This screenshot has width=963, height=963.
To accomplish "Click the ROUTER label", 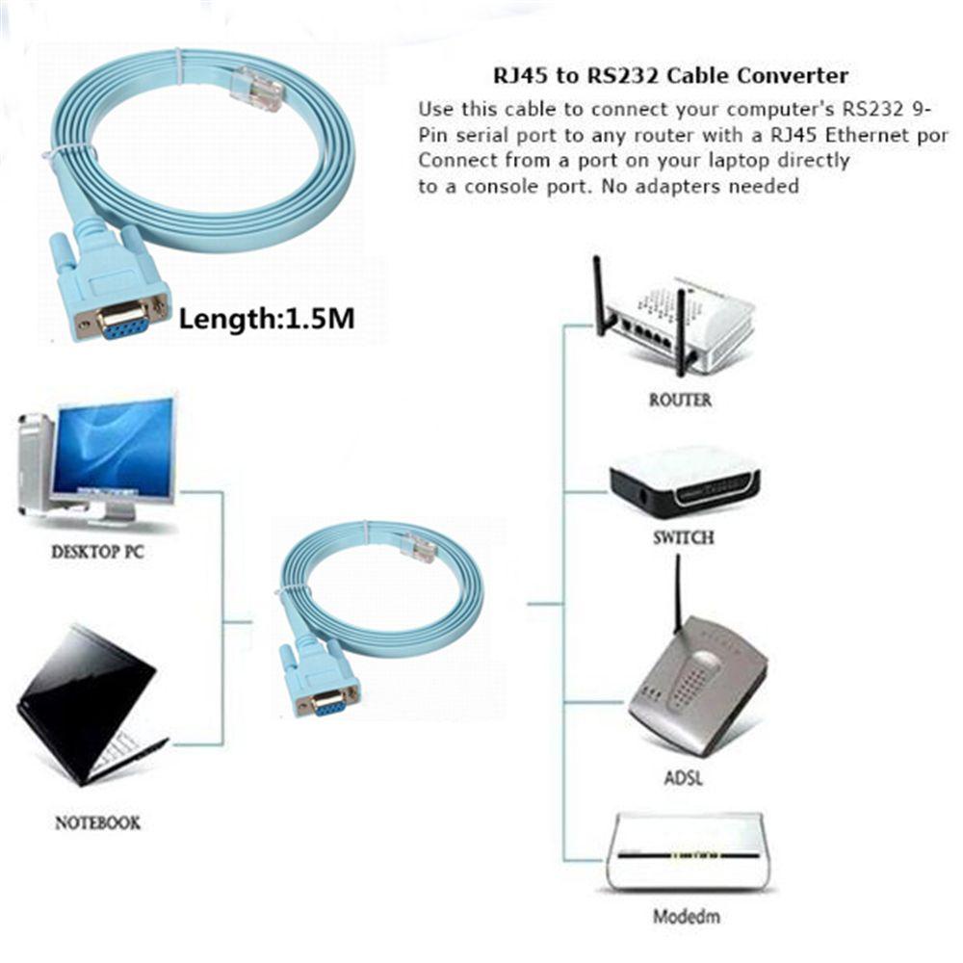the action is [x=680, y=400].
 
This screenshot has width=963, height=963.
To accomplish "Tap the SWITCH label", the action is [x=683, y=537].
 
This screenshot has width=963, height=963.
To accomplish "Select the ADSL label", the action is [x=683, y=776].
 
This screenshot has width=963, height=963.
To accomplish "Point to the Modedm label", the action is [x=686, y=916].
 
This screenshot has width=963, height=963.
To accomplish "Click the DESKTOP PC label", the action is [x=97, y=553].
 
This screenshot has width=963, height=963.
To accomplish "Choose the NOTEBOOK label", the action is [x=97, y=822].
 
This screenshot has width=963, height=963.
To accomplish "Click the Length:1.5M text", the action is [x=267, y=318].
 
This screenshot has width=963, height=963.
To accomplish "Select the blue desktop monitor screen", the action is [x=114, y=446].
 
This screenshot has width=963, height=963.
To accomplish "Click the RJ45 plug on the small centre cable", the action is [x=421, y=546].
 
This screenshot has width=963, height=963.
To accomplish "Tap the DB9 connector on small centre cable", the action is [x=325, y=691].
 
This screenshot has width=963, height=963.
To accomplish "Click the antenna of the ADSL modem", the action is [x=678, y=592].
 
